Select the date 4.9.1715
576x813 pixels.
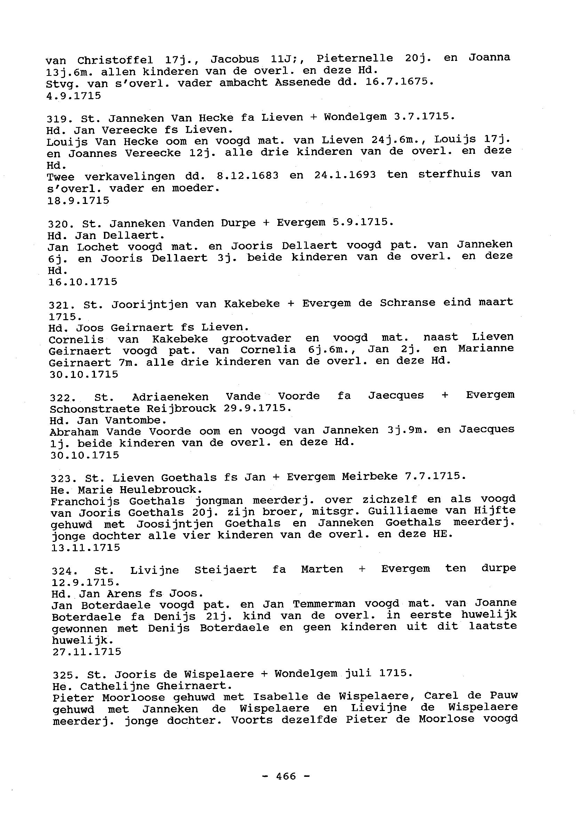pos(73,95)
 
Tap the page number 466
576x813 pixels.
pos(286,776)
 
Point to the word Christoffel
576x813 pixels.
pos(115,60)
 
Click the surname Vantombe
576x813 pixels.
pos(136,420)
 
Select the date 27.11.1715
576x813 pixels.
pos(87,652)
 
